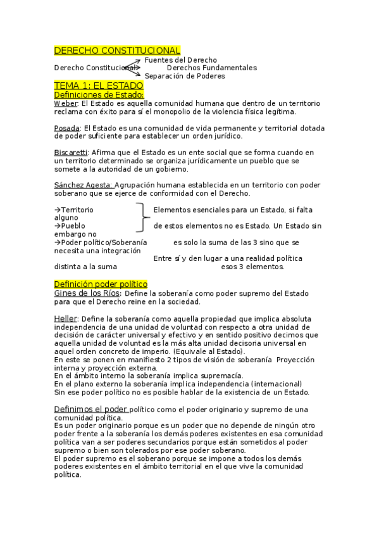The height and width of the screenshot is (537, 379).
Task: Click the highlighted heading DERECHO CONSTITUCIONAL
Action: click(117, 50)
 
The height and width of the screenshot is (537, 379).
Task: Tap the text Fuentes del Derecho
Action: click(180, 60)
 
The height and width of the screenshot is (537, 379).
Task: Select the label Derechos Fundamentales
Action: click(211, 68)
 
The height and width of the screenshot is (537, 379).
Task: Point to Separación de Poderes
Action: click(185, 76)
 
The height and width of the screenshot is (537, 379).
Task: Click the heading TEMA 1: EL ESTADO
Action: click(99, 85)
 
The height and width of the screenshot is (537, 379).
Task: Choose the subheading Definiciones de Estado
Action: click(99, 94)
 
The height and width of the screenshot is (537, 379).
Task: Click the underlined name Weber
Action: click(66, 103)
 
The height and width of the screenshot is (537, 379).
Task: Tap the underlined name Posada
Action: click(68, 128)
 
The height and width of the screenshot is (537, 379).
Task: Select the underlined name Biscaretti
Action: click(71, 153)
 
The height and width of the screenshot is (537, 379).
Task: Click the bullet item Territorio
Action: click(77, 210)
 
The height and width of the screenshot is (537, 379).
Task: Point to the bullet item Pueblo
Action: click(72, 225)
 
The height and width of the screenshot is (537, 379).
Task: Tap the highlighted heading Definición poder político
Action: click(101, 284)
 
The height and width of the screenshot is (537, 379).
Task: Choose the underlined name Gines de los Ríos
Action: click(87, 293)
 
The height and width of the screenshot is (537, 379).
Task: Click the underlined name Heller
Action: click(66, 318)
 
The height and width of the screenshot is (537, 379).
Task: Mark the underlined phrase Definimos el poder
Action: click(91, 409)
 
